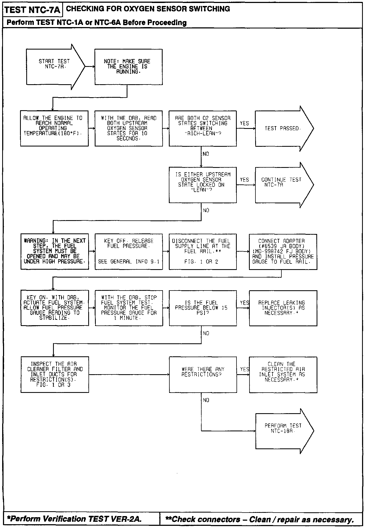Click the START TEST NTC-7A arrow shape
coord(54,67)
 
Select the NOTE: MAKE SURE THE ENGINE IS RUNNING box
coord(129,67)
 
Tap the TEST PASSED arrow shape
coord(281,128)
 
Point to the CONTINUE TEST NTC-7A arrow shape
coord(281,185)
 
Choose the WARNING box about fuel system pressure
coord(55,252)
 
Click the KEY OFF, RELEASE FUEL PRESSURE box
coord(129,252)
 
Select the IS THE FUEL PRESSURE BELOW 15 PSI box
coord(203,308)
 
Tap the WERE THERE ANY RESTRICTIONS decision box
coord(203,374)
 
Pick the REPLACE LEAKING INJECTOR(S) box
coord(283,308)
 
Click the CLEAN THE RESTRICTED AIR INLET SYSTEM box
coord(283,374)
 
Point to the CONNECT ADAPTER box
coord(283,252)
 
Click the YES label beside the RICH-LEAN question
coord(244,123)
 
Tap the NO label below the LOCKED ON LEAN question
coord(206,210)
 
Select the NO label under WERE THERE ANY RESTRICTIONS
coord(206,400)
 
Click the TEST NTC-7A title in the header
coord(32,10)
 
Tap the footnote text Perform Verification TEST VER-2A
coord(74,519)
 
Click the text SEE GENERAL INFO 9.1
coord(129,262)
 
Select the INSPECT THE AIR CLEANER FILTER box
coord(55,374)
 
